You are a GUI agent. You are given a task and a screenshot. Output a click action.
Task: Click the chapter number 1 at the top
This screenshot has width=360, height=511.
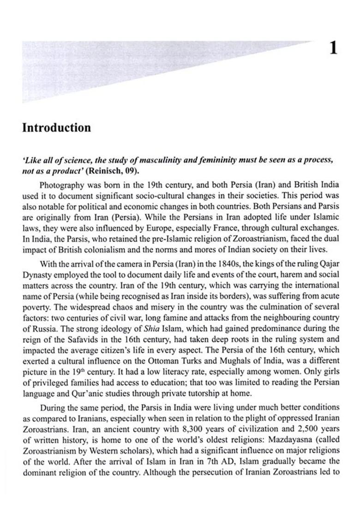(334, 48)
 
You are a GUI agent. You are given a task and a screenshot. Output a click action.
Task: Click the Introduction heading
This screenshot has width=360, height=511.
(56, 128)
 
